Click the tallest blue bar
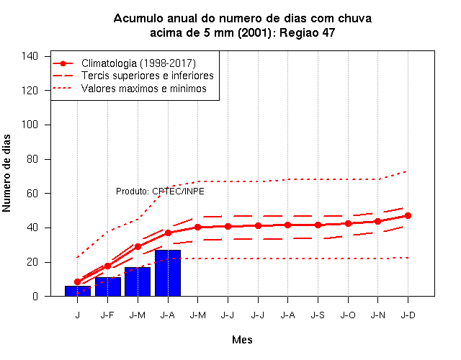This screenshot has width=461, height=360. point(168,273)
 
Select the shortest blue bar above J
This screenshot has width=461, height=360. point(78,291)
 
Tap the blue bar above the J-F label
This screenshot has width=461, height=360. point(108,287)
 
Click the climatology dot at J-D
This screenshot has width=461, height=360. point(408,216)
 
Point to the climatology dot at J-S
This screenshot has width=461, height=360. point(318,225)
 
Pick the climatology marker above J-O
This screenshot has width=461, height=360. point(348,224)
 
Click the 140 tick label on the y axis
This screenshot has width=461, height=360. point(30,56)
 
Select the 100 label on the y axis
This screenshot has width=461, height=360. point(30,125)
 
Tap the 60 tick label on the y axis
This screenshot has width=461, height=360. point(32,194)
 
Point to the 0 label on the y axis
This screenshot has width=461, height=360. point(35,296)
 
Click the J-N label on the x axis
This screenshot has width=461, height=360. point(377,315)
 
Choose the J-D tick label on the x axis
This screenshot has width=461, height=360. point(408,315)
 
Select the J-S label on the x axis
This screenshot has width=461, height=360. point(318,315)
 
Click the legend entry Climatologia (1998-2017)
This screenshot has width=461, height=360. point(138,63)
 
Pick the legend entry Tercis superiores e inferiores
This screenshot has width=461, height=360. point(147,76)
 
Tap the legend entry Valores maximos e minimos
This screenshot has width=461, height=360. point(144,88)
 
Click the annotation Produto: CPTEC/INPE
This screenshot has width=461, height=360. point(160,192)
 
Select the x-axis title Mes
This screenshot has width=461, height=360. point(242,340)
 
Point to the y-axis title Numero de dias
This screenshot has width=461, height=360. point(6,174)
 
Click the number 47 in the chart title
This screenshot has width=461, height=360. point(328,32)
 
